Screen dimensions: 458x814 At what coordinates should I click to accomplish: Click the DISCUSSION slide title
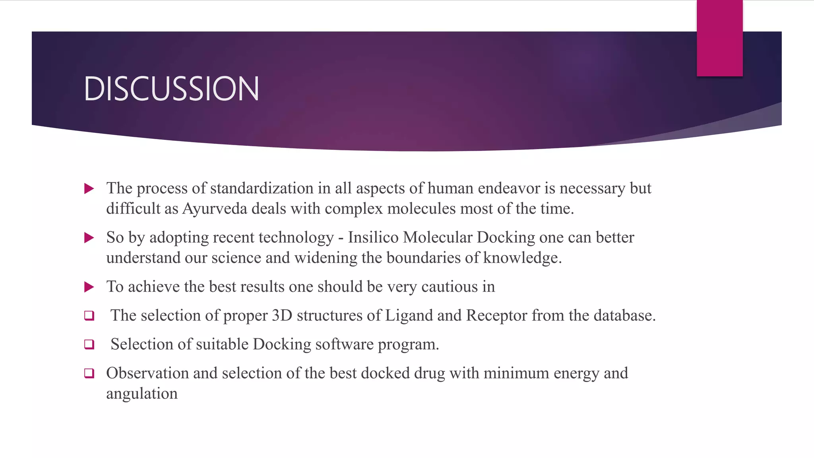[x=171, y=88]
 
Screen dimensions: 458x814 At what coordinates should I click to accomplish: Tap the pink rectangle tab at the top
[x=719, y=38]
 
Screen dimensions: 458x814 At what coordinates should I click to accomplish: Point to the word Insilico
[x=373, y=237]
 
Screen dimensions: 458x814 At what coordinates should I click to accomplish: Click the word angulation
[x=142, y=394]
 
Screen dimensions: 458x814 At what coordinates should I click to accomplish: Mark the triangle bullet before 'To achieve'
[x=89, y=287]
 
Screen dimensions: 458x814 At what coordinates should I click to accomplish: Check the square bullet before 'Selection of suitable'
[x=89, y=344]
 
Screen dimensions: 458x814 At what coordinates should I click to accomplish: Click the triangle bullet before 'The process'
[x=89, y=188]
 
